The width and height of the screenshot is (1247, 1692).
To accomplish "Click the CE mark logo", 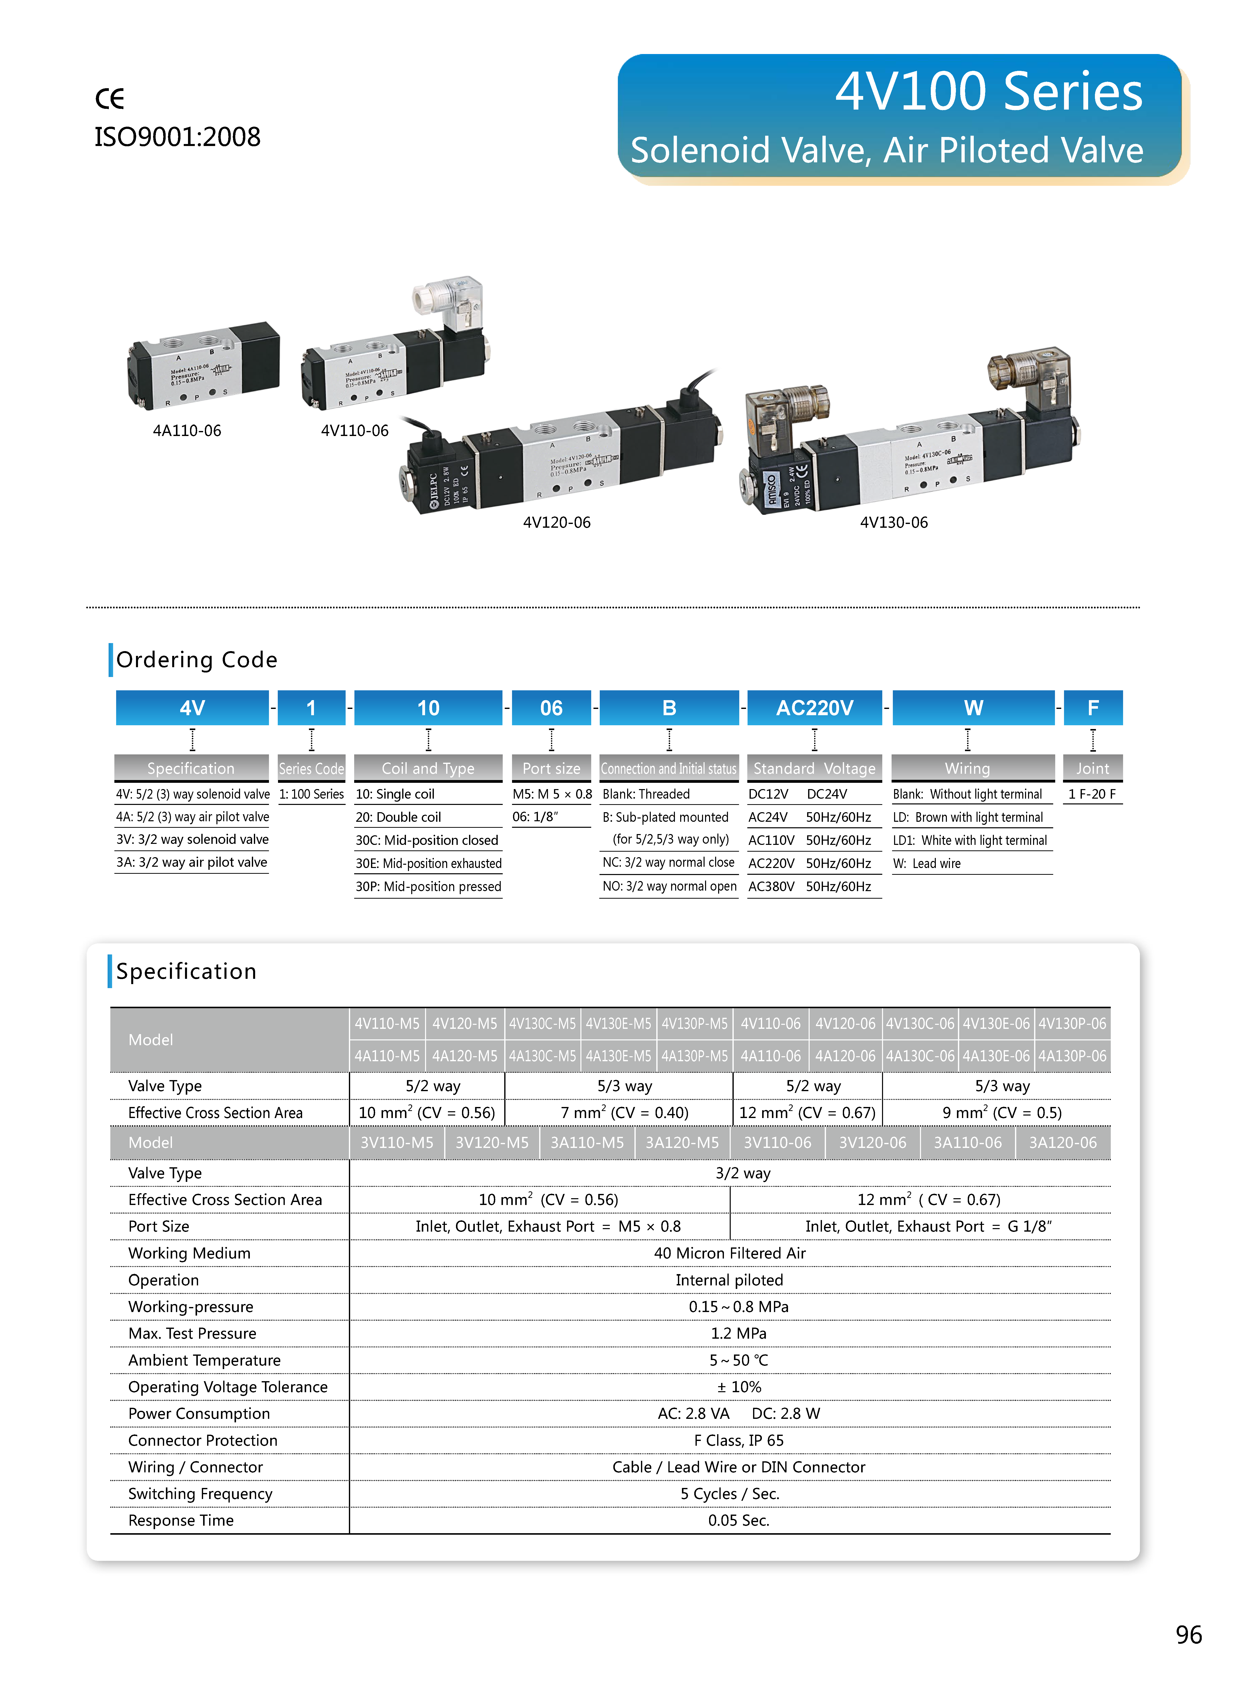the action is [x=109, y=98].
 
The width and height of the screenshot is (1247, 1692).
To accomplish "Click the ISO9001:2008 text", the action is [x=177, y=137].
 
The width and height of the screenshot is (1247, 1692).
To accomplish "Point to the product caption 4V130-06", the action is [x=894, y=522].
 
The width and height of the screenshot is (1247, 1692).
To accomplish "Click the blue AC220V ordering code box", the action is [x=814, y=708].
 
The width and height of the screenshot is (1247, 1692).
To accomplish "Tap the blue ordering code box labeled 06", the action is [x=551, y=708].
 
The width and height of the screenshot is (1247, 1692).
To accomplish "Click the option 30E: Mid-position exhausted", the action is [x=428, y=863].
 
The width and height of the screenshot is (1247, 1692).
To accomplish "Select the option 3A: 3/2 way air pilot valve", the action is [x=192, y=863].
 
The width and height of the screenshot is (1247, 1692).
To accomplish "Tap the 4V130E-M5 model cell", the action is [x=618, y=1024].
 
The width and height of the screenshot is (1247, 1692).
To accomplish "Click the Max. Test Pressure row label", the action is [x=193, y=1334].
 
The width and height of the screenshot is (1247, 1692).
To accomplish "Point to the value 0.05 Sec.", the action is [x=738, y=1521].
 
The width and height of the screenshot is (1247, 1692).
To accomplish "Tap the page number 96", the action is [x=1188, y=1635].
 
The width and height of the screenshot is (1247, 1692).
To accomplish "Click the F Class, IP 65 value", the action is [x=738, y=1441].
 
